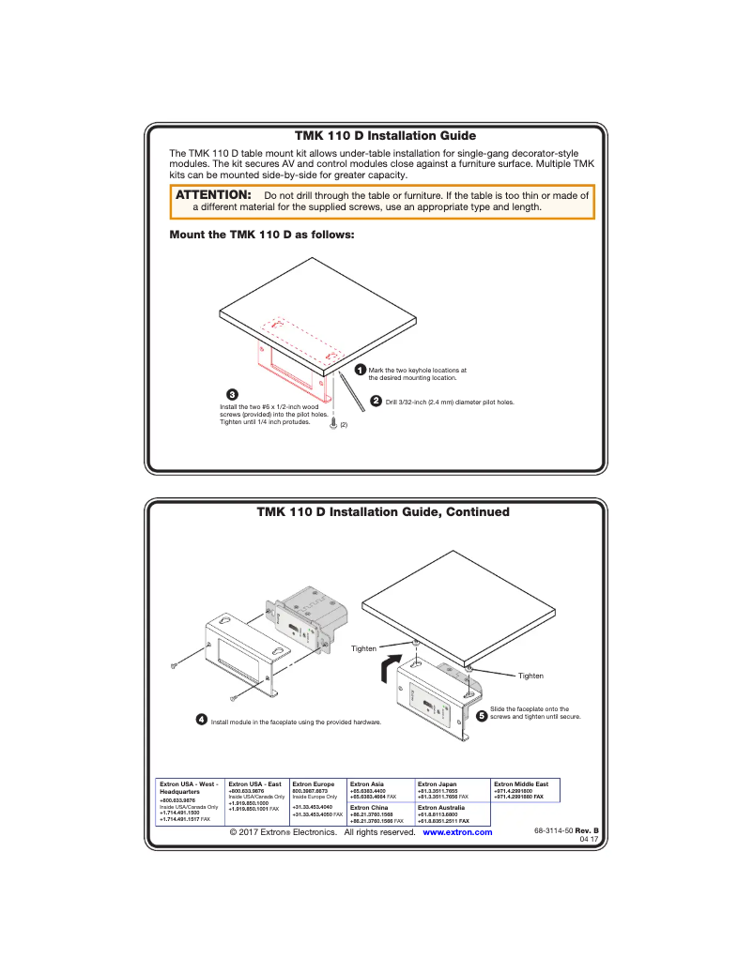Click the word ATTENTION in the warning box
[x=214, y=194]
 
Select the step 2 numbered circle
[x=376, y=401]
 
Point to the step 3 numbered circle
[x=233, y=392]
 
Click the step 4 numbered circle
[x=202, y=720]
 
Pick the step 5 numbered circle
[x=481, y=715]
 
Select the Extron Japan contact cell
[x=452, y=790]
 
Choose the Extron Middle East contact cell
[x=526, y=790]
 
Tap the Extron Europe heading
[x=314, y=783]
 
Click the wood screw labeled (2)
[x=334, y=424]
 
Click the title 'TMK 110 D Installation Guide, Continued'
[x=383, y=512]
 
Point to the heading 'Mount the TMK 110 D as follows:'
[x=262, y=235]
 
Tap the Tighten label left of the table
[x=363, y=648]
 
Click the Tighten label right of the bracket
[x=530, y=676]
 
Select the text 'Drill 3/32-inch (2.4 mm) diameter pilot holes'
[x=450, y=402]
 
